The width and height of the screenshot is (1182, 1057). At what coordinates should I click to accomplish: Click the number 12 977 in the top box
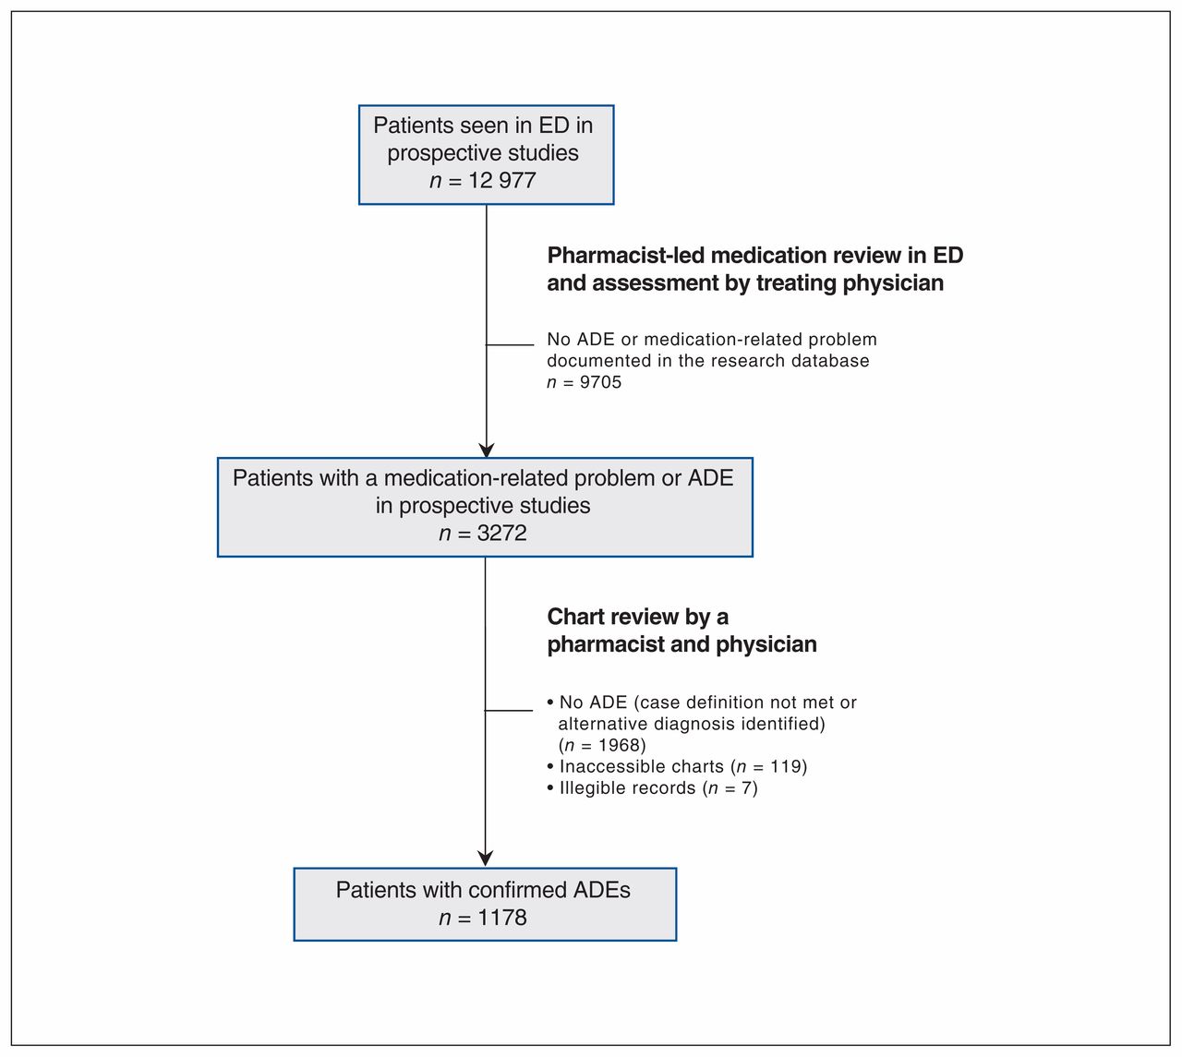pos(501,180)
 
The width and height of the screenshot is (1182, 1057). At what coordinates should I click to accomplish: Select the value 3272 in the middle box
pos(501,534)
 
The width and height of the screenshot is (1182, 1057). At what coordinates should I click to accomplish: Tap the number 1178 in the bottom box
pos(501,919)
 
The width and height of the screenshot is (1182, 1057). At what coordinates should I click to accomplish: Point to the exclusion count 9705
pos(600,382)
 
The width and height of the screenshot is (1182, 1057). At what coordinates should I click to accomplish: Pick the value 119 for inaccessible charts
pos(786,766)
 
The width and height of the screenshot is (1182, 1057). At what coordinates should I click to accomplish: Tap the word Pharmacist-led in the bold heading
pos(625,256)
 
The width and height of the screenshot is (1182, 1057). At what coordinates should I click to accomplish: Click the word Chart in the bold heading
pos(573,617)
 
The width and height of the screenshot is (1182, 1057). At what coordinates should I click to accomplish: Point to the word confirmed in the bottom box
pos(517,890)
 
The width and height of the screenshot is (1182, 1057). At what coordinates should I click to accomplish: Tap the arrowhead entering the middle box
pos(486,450)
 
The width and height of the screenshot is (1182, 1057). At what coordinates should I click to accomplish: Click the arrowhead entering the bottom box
pos(486,859)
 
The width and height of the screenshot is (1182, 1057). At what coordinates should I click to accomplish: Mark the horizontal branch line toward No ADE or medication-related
pos(510,344)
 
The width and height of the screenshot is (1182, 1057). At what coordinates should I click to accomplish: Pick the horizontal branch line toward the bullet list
pos(509,711)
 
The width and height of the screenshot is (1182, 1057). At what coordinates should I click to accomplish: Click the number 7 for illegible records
pos(746,788)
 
